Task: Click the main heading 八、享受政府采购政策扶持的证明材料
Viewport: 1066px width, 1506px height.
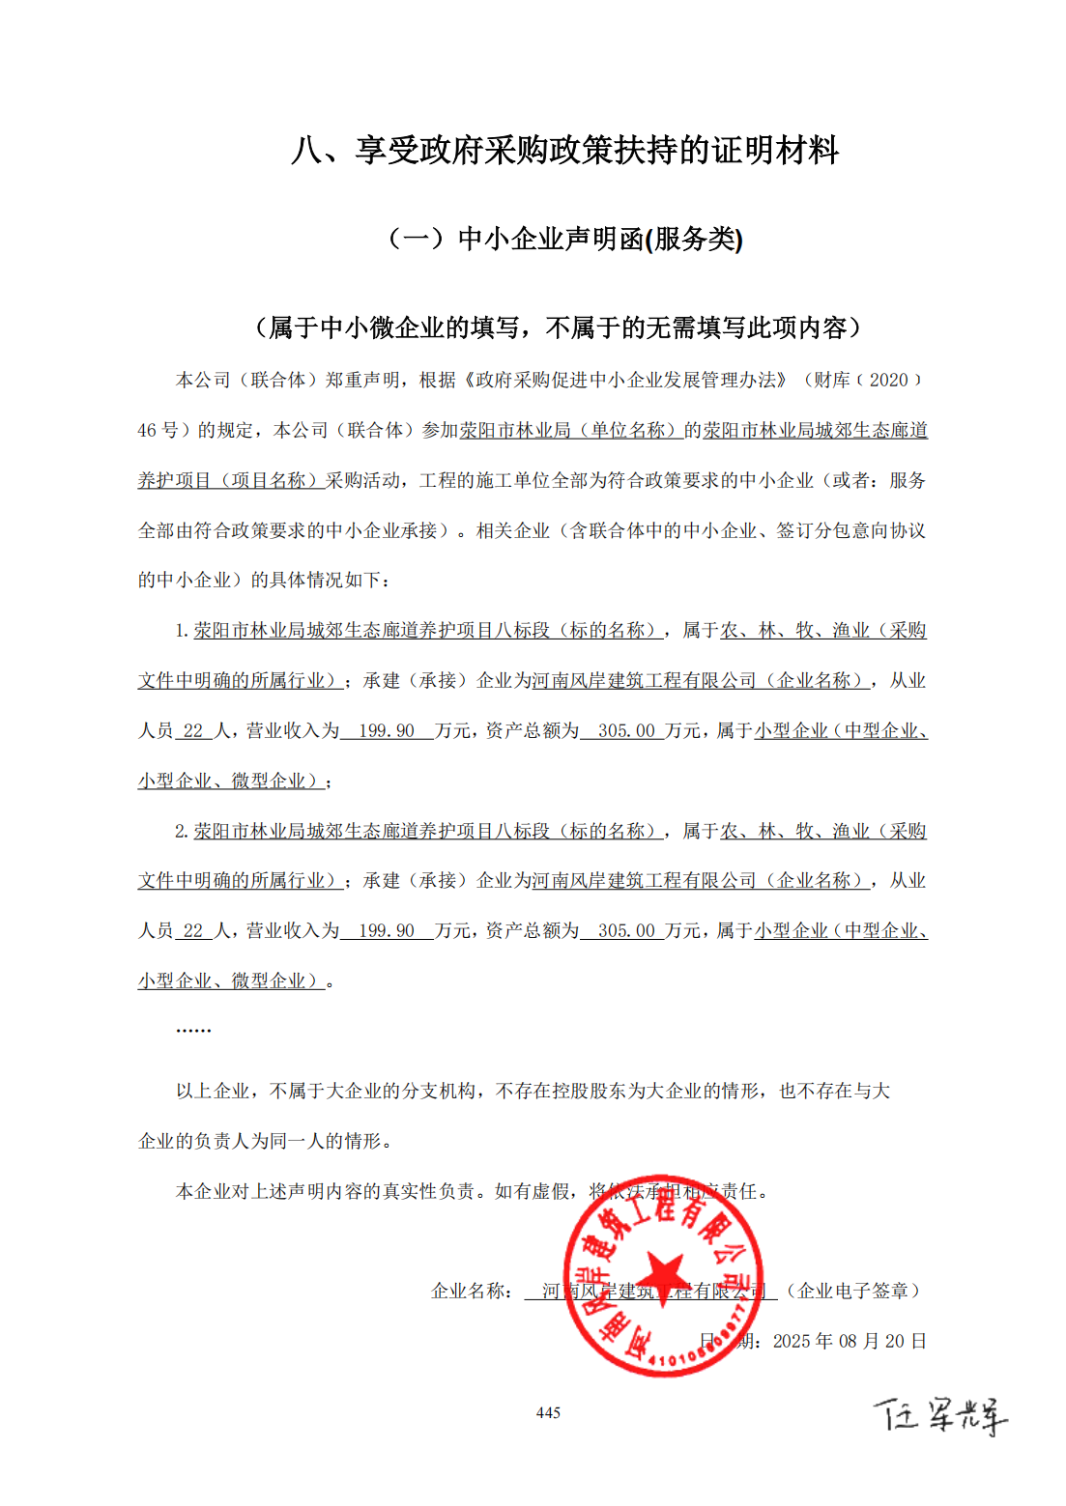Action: click(564, 151)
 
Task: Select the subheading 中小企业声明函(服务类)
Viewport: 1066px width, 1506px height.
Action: click(564, 239)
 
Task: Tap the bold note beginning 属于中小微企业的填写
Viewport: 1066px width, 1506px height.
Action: click(558, 328)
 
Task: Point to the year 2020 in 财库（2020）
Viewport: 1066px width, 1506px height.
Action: click(888, 381)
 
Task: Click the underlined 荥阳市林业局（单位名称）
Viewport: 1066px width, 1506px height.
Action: click(570, 431)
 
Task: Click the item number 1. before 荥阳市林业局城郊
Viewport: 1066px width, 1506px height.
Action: click(182, 631)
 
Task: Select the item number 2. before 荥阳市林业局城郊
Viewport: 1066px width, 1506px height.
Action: click(182, 832)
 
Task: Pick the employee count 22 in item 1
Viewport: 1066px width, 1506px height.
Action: click(193, 731)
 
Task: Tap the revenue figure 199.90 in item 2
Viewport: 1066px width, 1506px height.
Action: click(387, 931)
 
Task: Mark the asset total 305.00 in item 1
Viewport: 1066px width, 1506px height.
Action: click(626, 731)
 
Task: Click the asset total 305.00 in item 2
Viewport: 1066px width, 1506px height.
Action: click(626, 931)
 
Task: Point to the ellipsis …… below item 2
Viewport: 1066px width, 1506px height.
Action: click(193, 1030)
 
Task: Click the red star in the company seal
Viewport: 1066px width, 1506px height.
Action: click(663, 1275)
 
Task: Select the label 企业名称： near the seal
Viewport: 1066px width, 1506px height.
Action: click(472, 1292)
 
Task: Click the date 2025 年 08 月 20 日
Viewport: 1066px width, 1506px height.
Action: click(850, 1342)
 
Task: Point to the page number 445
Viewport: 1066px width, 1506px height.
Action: click(548, 1413)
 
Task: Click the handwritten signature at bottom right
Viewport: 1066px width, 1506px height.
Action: click(940, 1416)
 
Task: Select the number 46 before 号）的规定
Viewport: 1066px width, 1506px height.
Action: click(147, 431)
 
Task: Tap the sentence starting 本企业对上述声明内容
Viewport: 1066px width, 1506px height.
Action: click(472, 1192)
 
